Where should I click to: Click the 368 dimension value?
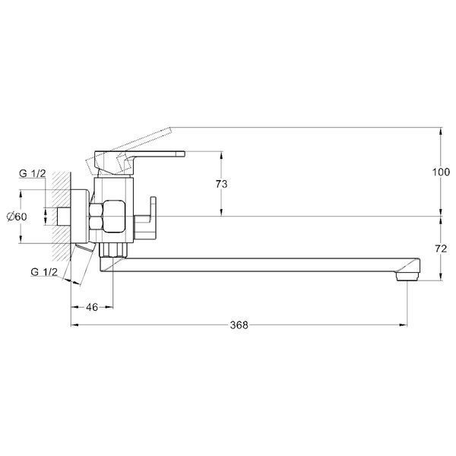click(x=239, y=325)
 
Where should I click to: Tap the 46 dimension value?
click(x=92, y=307)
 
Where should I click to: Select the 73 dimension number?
click(x=222, y=184)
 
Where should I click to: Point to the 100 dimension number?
click(x=441, y=172)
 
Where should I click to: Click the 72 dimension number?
click(x=441, y=249)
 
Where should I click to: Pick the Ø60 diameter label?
click(x=17, y=217)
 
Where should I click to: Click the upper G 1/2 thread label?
click(x=33, y=173)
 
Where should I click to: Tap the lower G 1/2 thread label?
click(x=44, y=272)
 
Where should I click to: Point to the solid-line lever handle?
click(x=140, y=161)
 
